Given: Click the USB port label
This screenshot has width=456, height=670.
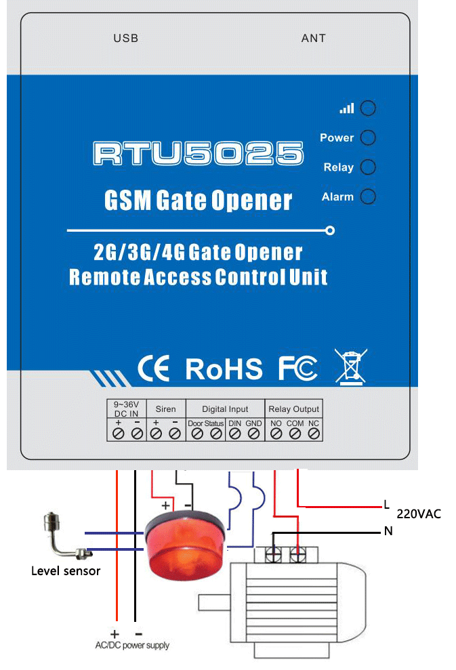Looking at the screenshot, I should [x=125, y=39].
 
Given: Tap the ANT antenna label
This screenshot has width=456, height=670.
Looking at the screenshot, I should [x=313, y=39].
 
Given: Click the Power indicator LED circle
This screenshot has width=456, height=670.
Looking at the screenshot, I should [x=367, y=138].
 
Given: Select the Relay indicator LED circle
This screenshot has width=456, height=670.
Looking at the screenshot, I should [x=367, y=167].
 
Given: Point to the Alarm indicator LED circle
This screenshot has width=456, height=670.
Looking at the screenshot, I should [x=367, y=197].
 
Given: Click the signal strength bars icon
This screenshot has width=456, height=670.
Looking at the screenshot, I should [x=347, y=108].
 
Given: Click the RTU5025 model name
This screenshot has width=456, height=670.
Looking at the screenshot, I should [x=198, y=154].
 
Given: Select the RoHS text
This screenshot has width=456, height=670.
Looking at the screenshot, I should [x=224, y=369].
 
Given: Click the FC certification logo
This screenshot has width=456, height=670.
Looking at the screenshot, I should [x=297, y=369].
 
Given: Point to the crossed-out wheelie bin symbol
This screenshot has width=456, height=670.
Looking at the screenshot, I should [x=350, y=367].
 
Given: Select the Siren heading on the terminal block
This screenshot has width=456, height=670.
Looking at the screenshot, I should [x=165, y=409].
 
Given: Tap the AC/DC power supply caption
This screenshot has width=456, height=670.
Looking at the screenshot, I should [x=132, y=645].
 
